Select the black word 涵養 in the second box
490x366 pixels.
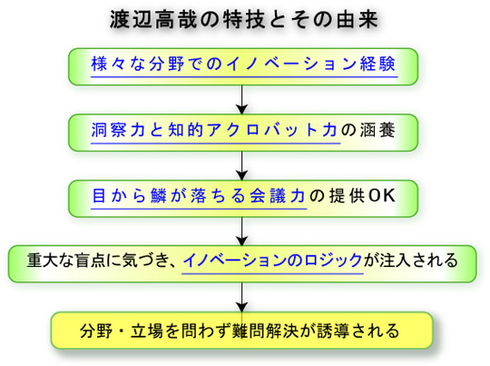[377, 130]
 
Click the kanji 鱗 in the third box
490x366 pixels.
[158, 196]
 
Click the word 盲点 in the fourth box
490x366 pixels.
[90, 261]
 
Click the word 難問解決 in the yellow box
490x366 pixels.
[264, 331]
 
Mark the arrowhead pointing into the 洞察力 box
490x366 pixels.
[242, 110]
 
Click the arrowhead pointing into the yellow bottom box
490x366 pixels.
[242, 307]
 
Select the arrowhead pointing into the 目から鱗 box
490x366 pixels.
[242, 175]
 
